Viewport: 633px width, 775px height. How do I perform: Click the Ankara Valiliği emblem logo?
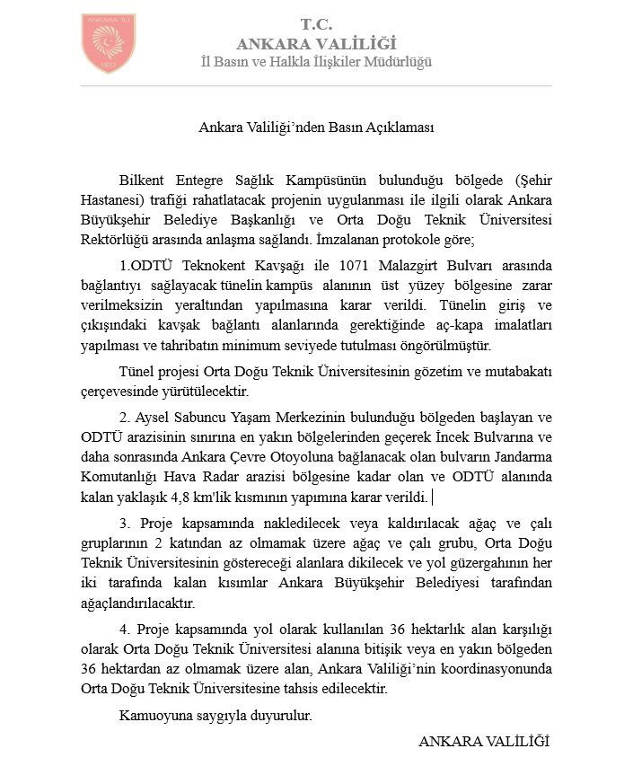[109, 43]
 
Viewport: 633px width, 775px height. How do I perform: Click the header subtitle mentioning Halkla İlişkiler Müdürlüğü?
[316, 62]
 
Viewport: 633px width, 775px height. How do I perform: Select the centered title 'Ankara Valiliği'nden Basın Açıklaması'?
[316, 127]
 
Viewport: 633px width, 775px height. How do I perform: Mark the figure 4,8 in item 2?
[184, 497]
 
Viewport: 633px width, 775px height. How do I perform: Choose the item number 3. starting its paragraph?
[124, 524]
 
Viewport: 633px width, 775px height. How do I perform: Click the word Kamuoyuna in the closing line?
[154, 717]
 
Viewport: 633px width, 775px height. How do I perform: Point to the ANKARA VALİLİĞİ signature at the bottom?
[483, 742]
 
